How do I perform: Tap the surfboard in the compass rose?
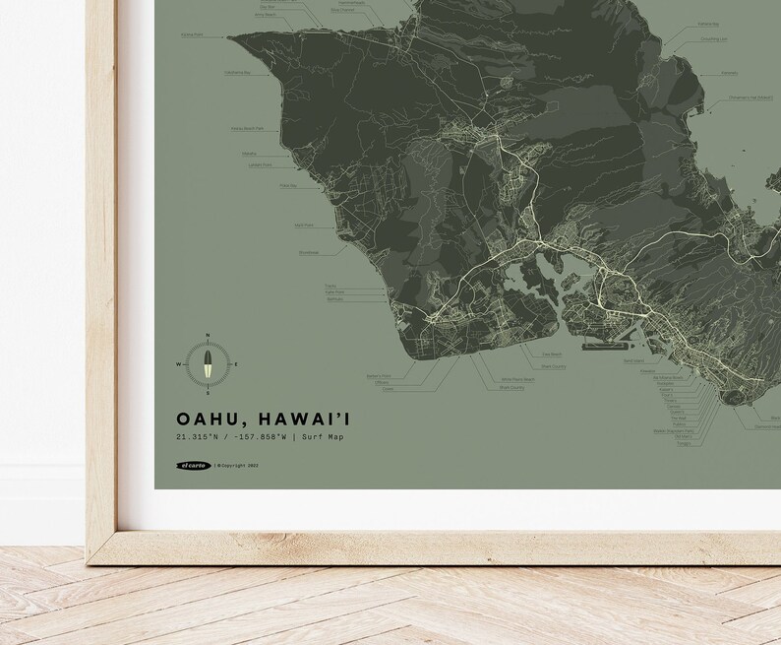[208, 364]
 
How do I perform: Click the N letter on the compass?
[208, 335]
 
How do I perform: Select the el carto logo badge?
[192, 466]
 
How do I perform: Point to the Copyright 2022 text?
[241, 466]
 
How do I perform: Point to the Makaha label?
[249, 154]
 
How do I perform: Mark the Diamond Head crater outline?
[738, 395]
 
